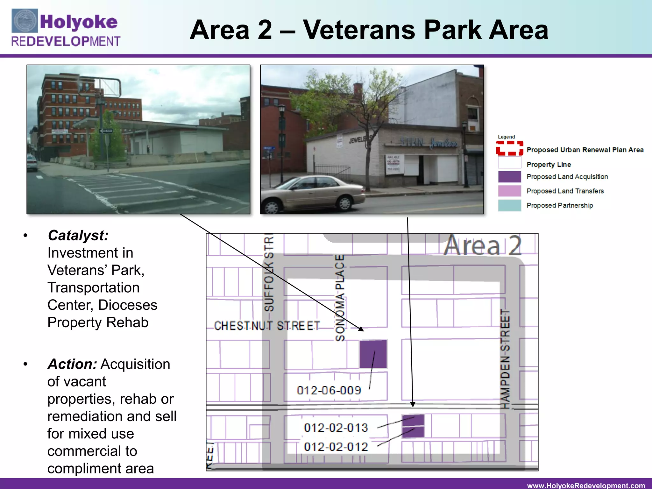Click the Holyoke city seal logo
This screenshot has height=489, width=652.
[x=25, y=21]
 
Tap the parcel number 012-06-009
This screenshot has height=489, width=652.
[x=329, y=390]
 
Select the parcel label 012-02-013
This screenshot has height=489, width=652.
[x=336, y=428]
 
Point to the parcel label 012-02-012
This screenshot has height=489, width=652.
[x=336, y=447]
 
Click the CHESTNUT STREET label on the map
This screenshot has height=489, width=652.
[x=267, y=326]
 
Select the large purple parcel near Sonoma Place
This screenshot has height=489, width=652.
[x=373, y=354]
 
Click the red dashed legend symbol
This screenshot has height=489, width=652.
[x=509, y=148]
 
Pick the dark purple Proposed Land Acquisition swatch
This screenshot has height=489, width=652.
[x=509, y=177]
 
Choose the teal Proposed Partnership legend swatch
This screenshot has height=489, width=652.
[x=509, y=205]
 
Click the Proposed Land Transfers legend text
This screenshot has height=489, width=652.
[x=565, y=191]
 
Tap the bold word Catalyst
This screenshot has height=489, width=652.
[x=78, y=236]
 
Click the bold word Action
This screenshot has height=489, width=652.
[x=72, y=364]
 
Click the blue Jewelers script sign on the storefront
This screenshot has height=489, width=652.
[x=444, y=144]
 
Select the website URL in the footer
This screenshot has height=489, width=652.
[x=586, y=485]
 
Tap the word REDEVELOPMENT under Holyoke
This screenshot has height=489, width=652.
[x=66, y=41]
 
